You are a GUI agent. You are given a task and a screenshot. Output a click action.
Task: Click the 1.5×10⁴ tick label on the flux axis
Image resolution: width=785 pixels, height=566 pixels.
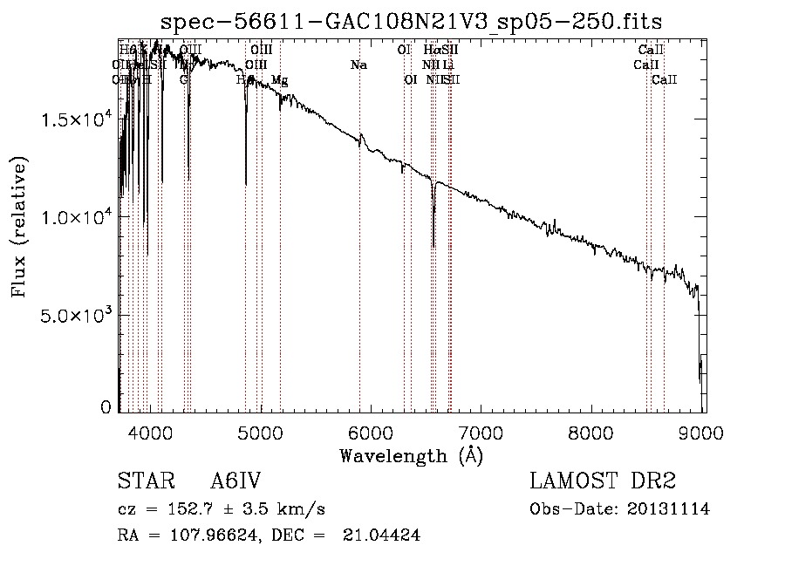tap(78, 119)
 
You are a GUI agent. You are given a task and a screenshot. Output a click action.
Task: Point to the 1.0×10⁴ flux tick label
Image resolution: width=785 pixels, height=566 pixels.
tap(78, 217)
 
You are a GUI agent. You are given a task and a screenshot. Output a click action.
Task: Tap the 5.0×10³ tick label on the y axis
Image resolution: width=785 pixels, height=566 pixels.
tap(78, 315)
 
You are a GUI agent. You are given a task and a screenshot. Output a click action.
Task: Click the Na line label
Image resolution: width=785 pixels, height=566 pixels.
tap(358, 65)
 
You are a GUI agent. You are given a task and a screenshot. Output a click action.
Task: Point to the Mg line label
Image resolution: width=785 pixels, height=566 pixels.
tap(279, 80)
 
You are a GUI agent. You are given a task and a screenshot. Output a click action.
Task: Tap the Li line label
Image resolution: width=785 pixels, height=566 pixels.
tap(447, 65)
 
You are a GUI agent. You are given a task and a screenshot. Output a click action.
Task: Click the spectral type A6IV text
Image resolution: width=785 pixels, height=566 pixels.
tap(235, 481)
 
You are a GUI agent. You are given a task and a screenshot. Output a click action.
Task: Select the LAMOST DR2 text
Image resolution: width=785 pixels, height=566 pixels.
tap(603, 481)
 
